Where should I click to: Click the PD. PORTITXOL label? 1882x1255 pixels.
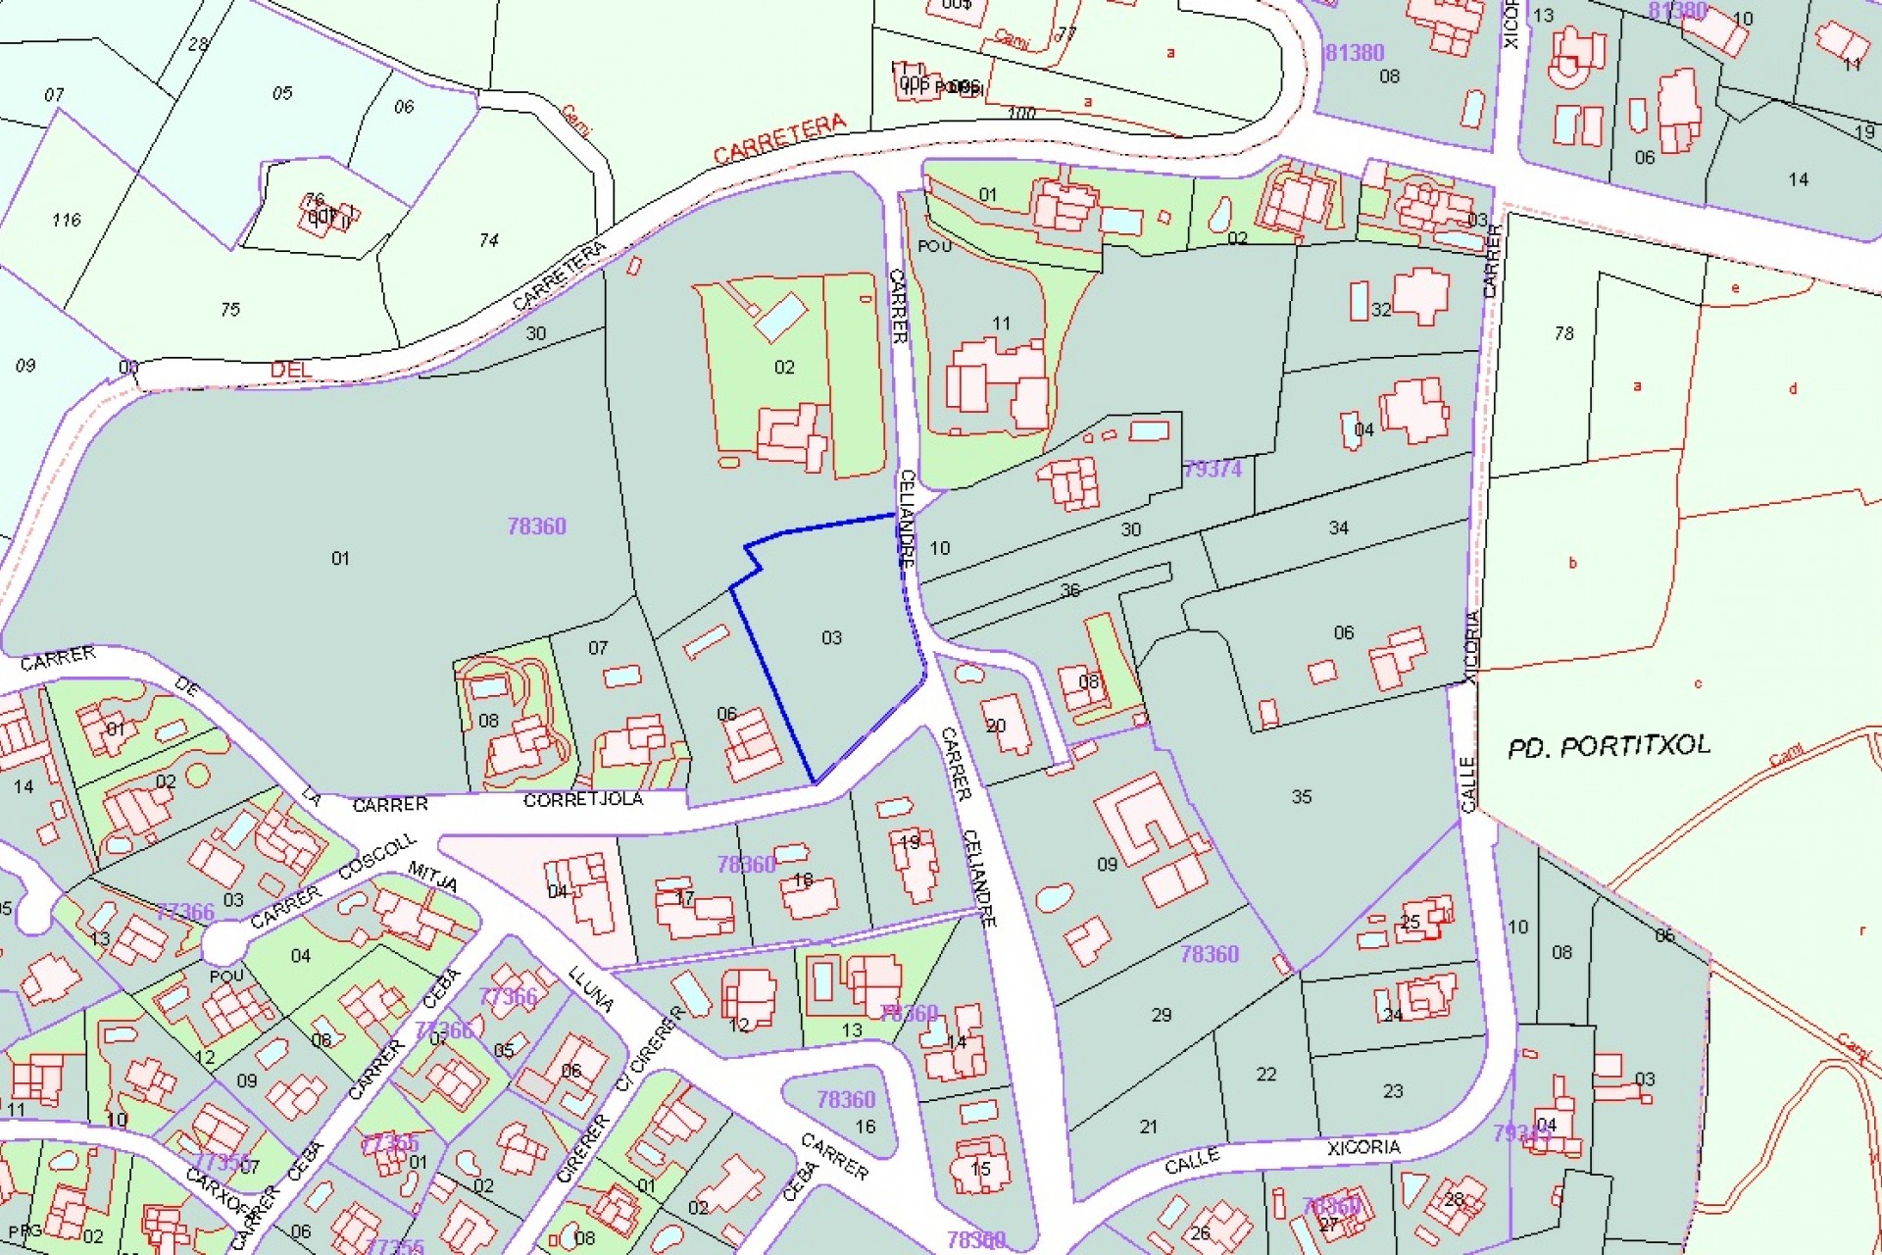tap(1609, 746)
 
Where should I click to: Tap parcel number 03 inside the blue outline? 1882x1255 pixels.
tap(831, 638)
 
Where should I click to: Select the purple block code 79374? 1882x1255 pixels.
tap(1213, 469)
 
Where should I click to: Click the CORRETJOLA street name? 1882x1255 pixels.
tap(583, 800)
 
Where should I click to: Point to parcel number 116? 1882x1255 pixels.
tap(67, 220)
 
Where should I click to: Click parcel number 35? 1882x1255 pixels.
tap(1301, 796)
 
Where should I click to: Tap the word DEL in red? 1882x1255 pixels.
tap(290, 370)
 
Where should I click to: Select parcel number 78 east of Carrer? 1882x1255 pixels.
tap(1563, 333)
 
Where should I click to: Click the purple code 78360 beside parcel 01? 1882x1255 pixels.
tap(536, 527)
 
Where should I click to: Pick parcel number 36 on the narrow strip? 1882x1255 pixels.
tap(1069, 590)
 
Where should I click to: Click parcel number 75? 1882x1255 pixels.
tap(229, 310)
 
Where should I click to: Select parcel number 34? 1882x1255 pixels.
tap(1338, 527)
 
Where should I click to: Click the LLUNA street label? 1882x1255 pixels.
tap(591, 989)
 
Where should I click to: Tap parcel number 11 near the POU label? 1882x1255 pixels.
tap(1001, 323)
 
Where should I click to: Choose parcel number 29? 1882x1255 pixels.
tap(1161, 1015)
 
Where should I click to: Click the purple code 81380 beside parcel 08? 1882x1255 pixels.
tap(1354, 53)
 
